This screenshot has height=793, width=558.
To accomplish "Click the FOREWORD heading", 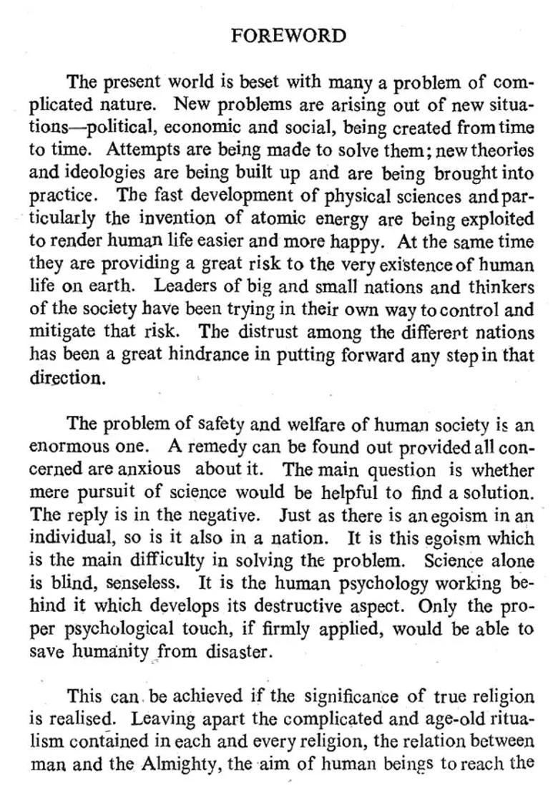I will point(289,36).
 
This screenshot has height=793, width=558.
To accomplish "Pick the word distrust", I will point(268,332).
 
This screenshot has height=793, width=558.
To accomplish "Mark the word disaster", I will point(238,652).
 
